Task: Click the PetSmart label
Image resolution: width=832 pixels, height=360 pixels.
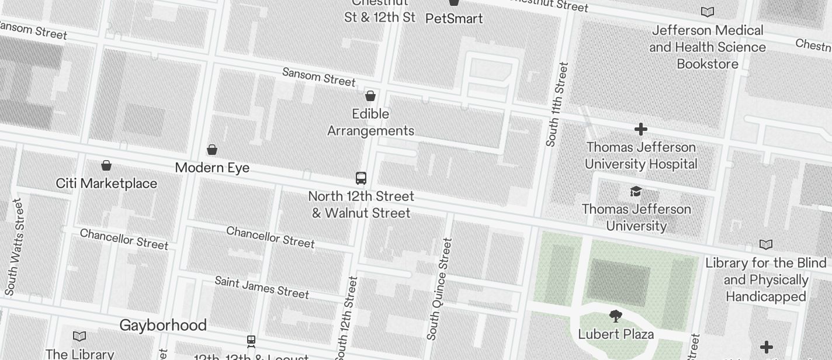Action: pos(454,19)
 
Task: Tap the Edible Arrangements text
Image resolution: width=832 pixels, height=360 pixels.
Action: pos(370,122)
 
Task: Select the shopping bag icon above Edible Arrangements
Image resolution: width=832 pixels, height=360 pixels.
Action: pos(370,96)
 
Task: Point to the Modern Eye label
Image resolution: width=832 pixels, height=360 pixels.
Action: pos(212,168)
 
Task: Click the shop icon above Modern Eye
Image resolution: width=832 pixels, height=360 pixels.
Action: pos(212,150)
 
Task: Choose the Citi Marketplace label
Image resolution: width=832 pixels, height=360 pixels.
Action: pos(106,184)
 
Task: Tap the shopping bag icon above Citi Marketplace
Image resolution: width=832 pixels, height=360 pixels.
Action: pos(106,165)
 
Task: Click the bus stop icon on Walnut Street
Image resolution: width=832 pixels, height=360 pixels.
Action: pos(361,178)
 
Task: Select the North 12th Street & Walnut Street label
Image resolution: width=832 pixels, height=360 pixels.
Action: pos(361,205)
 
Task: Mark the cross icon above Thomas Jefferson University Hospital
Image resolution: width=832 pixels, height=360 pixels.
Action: pos(641,129)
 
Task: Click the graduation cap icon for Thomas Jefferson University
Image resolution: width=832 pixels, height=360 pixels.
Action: pos(636,191)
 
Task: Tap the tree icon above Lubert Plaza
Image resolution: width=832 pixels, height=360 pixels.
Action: pos(615,317)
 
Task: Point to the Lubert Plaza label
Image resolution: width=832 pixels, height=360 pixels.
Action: pos(615,334)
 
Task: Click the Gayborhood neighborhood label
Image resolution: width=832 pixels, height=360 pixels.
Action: pos(163,325)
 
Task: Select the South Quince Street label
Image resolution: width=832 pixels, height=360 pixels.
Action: pos(439,289)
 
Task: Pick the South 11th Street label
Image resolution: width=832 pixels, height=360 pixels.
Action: pos(556,105)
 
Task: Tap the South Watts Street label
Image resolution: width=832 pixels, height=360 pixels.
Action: pos(15,247)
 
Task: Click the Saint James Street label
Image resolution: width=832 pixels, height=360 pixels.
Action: pos(262,287)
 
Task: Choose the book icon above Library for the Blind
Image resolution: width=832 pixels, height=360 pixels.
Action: pos(765,245)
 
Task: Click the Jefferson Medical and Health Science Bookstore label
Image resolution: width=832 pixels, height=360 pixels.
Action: pos(708,47)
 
